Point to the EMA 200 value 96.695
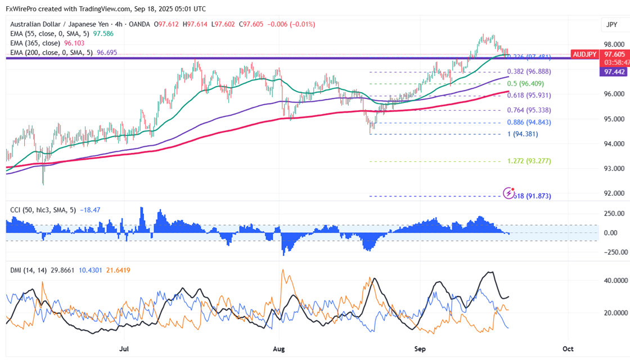point(108,52)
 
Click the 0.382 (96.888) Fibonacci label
point(529,72)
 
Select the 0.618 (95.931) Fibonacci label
point(529,96)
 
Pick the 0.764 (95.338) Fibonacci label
point(529,110)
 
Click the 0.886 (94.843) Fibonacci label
point(529,122)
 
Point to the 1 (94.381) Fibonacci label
point(529,134)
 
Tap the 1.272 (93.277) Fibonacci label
point(529,161)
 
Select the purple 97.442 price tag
point(614,73)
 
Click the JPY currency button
point(612,25)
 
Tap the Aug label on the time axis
point(280,349)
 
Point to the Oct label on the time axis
point(569,349)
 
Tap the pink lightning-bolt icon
point(509,192)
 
